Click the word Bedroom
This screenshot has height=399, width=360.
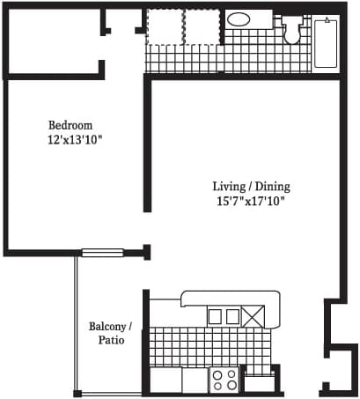(x=70, y=125)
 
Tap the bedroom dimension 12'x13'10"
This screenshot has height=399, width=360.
(x=75, y=140)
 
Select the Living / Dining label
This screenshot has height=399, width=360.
(x=252, y=187)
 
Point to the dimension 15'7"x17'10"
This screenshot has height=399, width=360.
(x=251, y=202)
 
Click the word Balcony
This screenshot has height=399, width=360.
(x=108, y=326)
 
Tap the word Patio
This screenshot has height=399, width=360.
(x=111, y=340)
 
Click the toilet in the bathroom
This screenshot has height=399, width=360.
(x=292, y=29)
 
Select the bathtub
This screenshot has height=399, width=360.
(x=326, y=43)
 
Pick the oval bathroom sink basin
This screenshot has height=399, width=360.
(x=239, y=19)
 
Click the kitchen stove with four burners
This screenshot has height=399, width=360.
(x=224, y=380)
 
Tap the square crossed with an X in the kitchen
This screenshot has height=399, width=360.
(x=253, y=316)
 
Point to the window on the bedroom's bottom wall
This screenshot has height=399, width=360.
(x=102, y=253)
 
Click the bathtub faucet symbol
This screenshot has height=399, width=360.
(x=327, y=20)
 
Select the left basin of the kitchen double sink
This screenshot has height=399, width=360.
(x=215, y=316)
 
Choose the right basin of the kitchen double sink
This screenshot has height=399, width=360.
(x=232, y=316)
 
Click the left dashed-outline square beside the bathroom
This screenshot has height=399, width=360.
(x=165, y=27)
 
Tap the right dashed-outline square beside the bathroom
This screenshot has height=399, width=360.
(x=202, y=27)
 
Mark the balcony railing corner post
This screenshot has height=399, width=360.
(x=77, y=394)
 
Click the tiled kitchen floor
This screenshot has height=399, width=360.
(x=210, y=346)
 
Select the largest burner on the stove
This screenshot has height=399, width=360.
(x=232, y=385)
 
